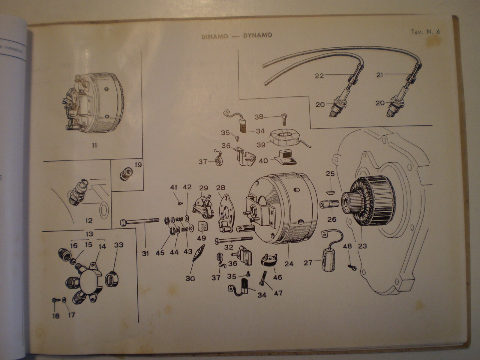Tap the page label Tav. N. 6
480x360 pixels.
pos(425,32)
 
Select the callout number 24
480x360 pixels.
pos(289,264)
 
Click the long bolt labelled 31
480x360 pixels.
pos(139,222)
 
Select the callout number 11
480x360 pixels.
pos(94,145)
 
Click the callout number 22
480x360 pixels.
pos(319,76)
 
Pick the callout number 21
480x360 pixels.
pos(380,75)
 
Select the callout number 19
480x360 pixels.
pos(138,164)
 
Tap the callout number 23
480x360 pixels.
pos(362,246)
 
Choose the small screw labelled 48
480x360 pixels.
pos(352,267)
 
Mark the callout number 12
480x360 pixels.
pos(89,220)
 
